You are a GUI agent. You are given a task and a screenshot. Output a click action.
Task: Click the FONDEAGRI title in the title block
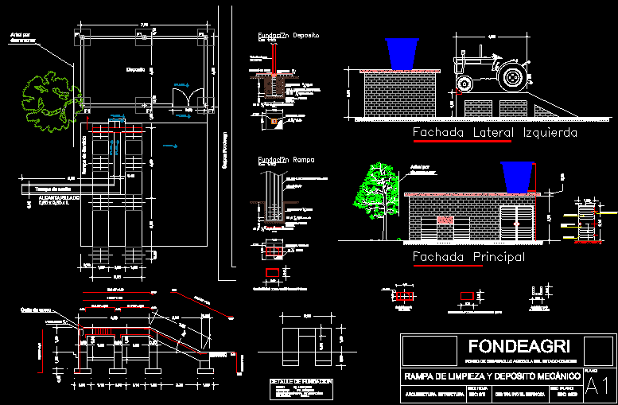point(509,347)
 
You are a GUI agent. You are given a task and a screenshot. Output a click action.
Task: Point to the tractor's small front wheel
point(462,84)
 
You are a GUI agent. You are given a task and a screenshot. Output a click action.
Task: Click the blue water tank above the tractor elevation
point(405,53)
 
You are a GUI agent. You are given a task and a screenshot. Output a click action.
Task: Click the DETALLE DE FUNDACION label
point(301,382)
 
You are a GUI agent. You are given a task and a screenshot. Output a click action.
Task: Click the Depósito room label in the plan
point(134,70)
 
